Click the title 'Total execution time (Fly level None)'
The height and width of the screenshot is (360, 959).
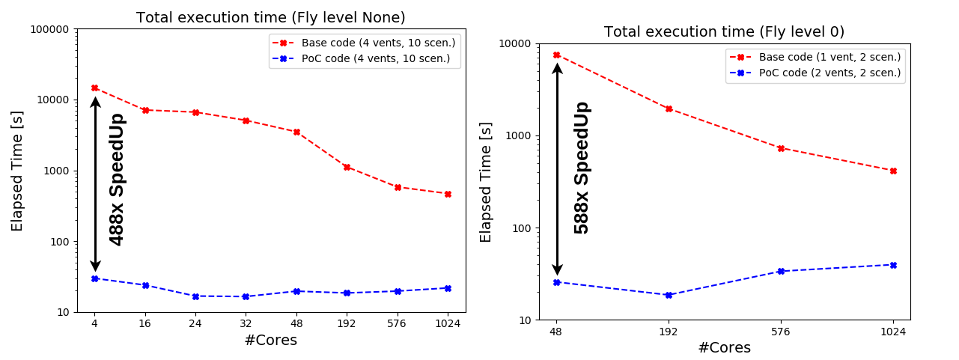pyautogui.click(x=271, y=18)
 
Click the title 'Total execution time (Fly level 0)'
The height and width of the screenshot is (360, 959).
pyautogui.click(x=724, y=32)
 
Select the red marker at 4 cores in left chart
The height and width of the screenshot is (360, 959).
pyautogui.click(x=94, y=88)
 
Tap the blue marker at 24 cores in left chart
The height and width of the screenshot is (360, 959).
pyautogui.click(x=195, y=296)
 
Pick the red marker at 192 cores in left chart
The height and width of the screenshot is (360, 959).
pyautogui.click(x=347, y=167)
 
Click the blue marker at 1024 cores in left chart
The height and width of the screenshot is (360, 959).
pyautogui.click(x=448, y=288)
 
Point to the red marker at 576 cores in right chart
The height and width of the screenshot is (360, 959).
pyautogui.click(x=781, y=148)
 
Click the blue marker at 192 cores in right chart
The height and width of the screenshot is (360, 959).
pyautogui.click(x=669, y=295)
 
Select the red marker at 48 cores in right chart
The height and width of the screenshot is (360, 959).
pyautogui.click(x=556, y=55)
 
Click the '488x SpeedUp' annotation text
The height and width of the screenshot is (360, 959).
pyautogui.click(x=117, y=179)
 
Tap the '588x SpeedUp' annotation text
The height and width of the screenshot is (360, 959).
pyautogui.click(x=582, y=168)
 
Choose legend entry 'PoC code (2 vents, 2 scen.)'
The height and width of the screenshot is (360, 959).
pyautogui.click(x=829, y=73)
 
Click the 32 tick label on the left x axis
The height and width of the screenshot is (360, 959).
pyautogui.click(x=246, y=323)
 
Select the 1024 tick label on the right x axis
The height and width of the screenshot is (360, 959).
pyautogui.click(x=893, y=331)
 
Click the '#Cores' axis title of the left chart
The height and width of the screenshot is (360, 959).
pyautogui.click(x=270, y=341)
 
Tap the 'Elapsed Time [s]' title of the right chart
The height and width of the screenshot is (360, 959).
pyautogui.click(x=487, y=182)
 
